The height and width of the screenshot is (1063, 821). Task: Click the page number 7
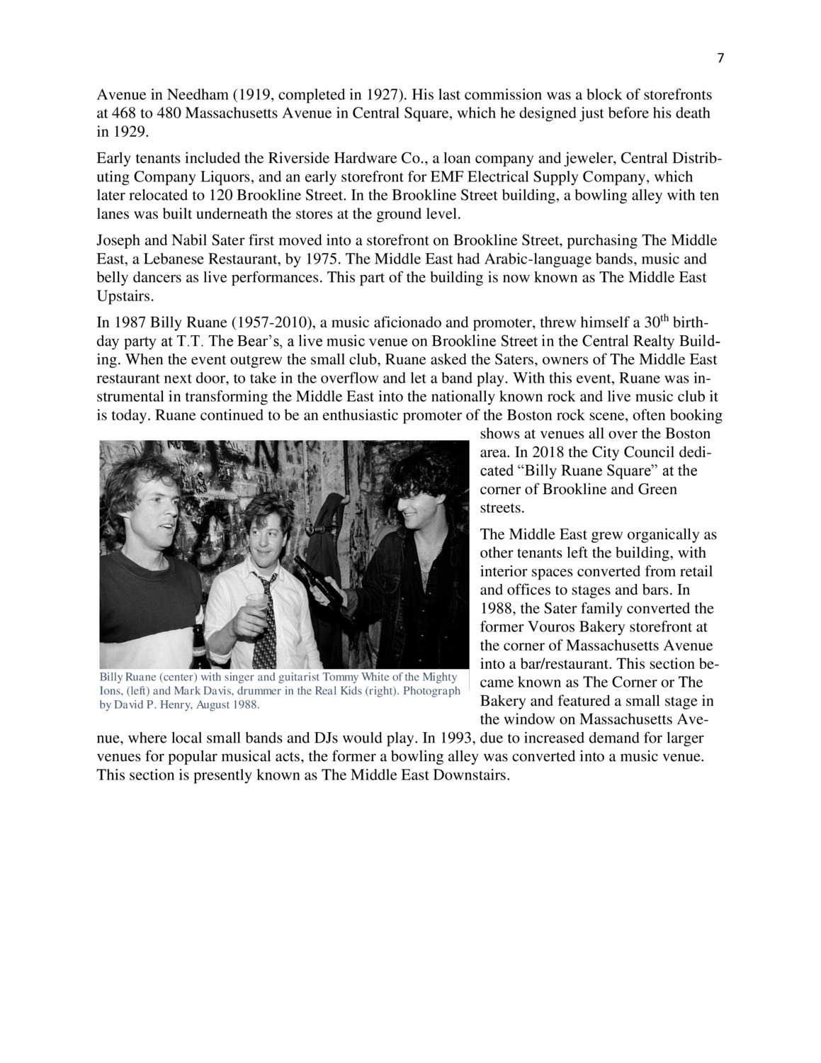tap(720, 59)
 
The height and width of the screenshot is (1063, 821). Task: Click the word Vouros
tap(556, 627)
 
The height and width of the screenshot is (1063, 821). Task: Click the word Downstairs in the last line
tap(468, 775)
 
